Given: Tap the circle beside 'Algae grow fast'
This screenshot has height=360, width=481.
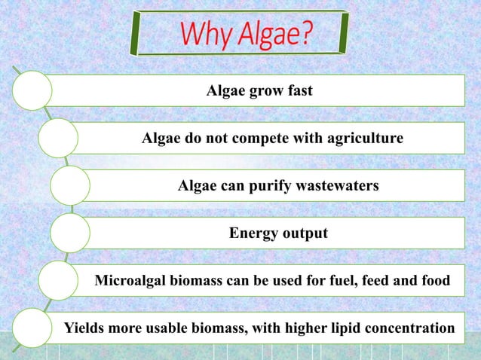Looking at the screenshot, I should coord(31,90).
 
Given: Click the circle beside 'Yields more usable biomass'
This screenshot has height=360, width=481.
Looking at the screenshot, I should coord(31,328).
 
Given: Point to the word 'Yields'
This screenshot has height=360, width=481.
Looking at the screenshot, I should coord(84,328).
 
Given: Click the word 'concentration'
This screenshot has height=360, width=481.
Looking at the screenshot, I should coord(409,328).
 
